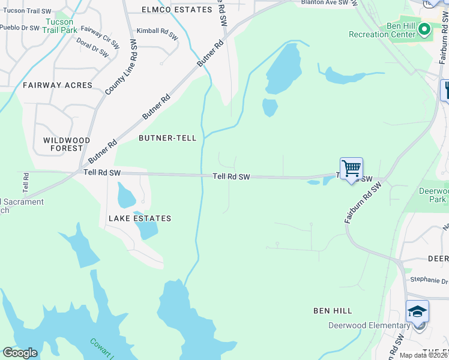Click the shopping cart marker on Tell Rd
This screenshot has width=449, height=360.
point(351,168)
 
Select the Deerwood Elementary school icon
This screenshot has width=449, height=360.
point(418,312)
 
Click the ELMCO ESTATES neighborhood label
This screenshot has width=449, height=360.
point(177,10)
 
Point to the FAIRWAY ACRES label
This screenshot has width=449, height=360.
point(58,85)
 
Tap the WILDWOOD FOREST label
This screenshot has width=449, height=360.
point(67,144)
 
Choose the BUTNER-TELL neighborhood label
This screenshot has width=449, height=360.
point(167,138)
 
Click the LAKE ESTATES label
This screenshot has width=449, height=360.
point(140,218)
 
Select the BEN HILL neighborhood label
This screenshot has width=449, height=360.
point(333,311)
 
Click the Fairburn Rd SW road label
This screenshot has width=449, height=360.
point(364,204)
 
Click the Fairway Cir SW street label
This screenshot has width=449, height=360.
point(99,37)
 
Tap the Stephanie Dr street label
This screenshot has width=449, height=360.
point(429,280)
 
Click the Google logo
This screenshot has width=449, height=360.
point(20,353)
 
